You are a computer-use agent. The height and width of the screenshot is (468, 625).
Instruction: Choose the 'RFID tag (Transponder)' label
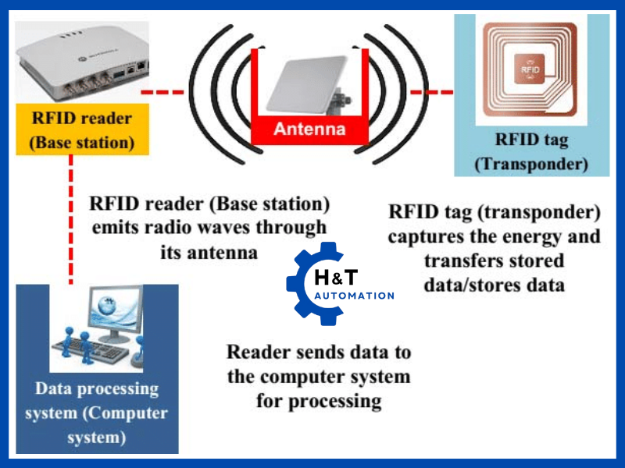530,152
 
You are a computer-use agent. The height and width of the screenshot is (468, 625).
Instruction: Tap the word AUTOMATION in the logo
354,296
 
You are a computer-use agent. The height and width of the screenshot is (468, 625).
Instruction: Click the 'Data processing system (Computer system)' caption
97,413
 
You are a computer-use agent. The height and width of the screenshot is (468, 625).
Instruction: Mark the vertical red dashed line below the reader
71,218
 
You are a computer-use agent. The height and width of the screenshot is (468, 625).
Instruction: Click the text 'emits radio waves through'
208,229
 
